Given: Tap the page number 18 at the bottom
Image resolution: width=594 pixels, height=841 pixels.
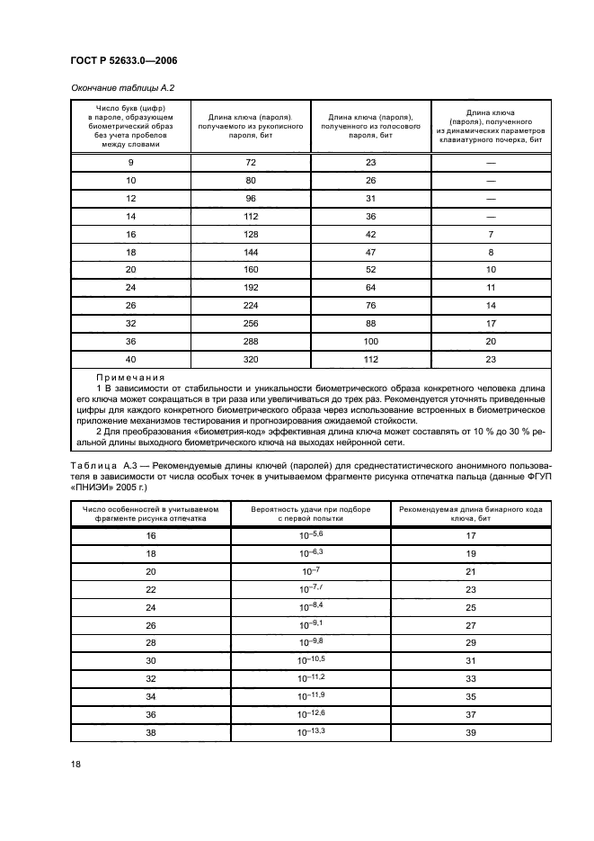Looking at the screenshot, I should click(x=75, y=764).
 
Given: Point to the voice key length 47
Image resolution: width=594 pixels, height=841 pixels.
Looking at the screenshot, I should click(x=370, y=277).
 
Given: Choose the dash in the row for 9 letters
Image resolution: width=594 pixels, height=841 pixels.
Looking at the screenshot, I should click(x=491, y=163).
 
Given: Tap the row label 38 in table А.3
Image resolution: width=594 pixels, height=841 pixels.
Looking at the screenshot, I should click(x=150, y=732).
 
